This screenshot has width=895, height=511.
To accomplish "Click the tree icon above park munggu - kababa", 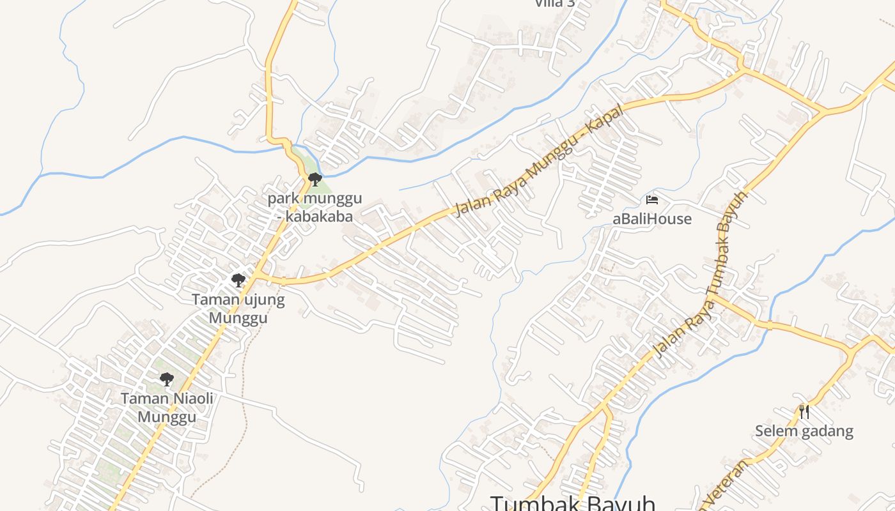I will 314,179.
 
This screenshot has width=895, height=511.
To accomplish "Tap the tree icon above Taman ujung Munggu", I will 238,280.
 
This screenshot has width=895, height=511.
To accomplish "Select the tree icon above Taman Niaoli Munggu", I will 167,379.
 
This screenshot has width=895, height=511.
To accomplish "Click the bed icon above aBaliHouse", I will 652,200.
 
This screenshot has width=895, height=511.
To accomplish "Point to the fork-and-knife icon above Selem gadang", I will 804,411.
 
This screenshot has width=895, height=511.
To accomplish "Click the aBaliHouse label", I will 652,219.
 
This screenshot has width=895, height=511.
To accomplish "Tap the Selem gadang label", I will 804,431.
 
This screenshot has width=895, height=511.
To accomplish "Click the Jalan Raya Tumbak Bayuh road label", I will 700,275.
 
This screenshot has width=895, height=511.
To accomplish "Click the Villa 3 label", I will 554,3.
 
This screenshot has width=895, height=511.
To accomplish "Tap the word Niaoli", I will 189,399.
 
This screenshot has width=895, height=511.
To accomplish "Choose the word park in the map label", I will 283,198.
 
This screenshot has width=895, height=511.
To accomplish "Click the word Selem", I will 775,431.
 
